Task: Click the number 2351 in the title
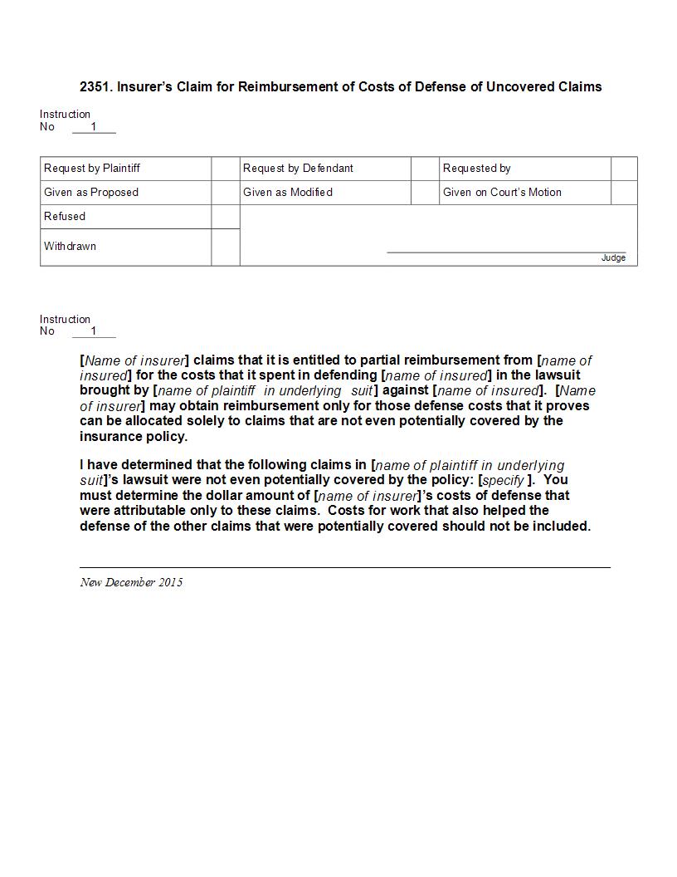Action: [94, 86]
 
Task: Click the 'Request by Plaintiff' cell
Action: [92, 169]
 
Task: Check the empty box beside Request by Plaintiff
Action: [226, 169]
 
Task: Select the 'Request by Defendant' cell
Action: [298, 169]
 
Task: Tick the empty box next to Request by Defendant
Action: [425, 169]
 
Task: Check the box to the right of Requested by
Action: [624, 169]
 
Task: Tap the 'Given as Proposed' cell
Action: [91, 193]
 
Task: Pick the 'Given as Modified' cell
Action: [288, 193]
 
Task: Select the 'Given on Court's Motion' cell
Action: [502, 193]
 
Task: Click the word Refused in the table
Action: [65, 217]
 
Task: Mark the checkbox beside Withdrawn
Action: [226, 247]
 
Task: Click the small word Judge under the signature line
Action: [613, 258]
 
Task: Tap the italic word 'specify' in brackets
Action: [503, 481]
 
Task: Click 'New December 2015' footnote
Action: [131, 582]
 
